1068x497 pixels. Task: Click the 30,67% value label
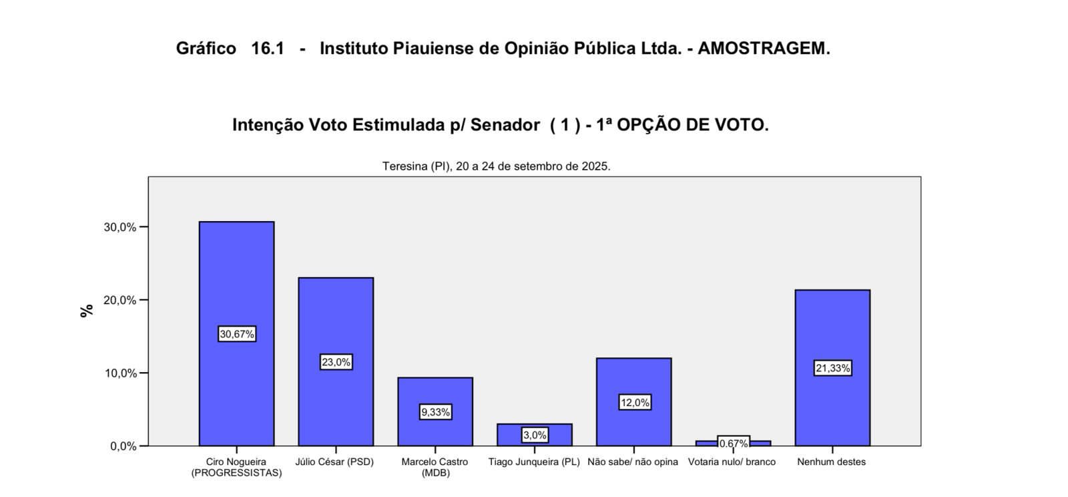point(237,334)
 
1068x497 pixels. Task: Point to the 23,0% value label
point(336,362)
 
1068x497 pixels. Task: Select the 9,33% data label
point(435,412)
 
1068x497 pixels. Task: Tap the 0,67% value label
point(734,443)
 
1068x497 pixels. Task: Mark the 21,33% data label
point(832,368)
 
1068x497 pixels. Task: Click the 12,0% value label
point(634,402)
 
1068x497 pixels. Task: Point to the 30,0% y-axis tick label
point(120,227)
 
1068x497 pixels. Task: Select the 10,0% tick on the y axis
point(120,373)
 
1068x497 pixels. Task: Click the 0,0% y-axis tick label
point(123,446)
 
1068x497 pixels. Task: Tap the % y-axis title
point(87,311)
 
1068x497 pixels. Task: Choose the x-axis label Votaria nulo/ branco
point(732,462)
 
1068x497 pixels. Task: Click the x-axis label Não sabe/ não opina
point(633,462)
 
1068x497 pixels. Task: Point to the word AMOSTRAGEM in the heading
point(764,49)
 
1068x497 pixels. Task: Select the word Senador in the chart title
point(505,125)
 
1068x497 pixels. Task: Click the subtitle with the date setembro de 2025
point(496,166)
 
